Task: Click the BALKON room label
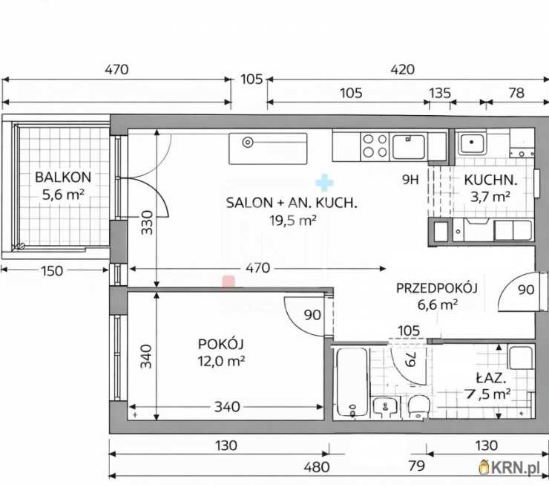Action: point(63,178)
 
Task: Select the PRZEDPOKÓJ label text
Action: point(437,288)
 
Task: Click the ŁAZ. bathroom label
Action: point(491,378)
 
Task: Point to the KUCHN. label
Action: point(490,180)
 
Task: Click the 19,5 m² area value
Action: point(293,221)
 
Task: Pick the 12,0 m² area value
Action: point(221,361)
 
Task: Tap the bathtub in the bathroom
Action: point(352,383)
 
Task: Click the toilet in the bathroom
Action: point(418,406)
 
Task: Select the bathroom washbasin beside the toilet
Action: point(386,407)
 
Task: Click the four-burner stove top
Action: point(375,146)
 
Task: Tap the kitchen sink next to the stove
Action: point(409,146)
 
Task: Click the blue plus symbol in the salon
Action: point(324,183)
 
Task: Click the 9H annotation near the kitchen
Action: point(410,180)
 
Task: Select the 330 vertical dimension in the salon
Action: point(147,223)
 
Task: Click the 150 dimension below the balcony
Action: point(52,271)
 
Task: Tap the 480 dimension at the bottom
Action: point(317,467)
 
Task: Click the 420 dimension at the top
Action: point(403,69)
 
